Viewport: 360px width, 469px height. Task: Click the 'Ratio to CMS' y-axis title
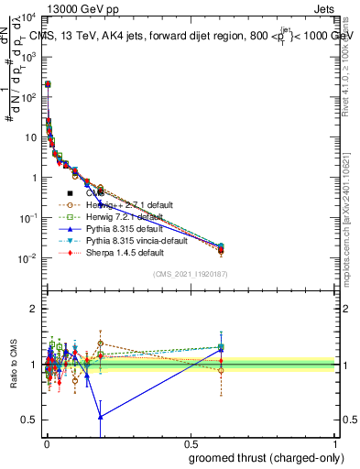coord(12,365)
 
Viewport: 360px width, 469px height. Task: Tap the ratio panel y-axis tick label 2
coord(33,309)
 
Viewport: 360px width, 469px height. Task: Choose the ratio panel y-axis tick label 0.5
coord(29,420)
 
